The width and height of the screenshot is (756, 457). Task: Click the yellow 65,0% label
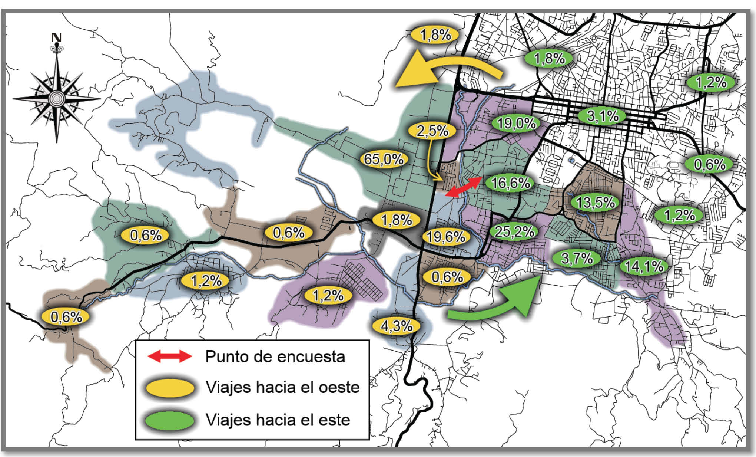pos(384,159)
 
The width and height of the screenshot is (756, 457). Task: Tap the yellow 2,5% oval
pos(432,131)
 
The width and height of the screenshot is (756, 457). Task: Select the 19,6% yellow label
pos(446,237)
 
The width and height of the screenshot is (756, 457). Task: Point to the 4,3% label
pos(397,326)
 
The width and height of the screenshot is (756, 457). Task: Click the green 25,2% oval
pos(514,232)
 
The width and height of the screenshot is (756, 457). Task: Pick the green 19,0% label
pos(516,124)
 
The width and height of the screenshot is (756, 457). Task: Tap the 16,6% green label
pos(510,183)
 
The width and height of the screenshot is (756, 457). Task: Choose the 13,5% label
pos(595,203)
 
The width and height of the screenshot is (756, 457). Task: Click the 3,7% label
pos(577,258)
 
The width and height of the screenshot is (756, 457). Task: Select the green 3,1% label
pos(603,116)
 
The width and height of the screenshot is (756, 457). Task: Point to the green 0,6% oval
pos(709,164)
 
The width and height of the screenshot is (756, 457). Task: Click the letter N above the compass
pos(56,37)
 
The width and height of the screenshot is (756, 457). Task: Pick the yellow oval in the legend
pos(170,388)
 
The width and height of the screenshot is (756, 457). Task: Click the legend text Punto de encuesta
pos(275,356)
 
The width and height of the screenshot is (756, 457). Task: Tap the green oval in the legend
pos(170,421)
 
